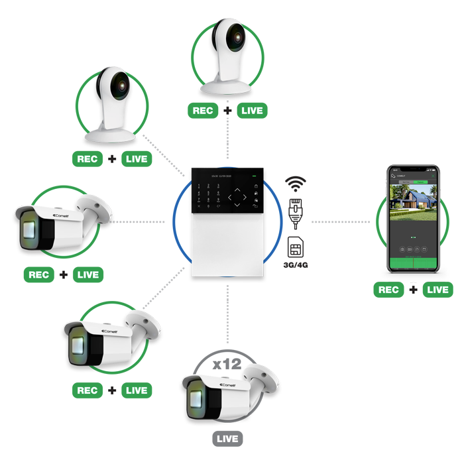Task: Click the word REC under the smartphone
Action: coord(388,290)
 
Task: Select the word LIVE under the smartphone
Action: coord(437,290)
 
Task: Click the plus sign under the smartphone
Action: coord(413,290)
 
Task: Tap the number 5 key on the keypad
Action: coord(209,192)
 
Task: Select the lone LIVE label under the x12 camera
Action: coord(228,439)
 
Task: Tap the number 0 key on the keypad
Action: coord(209,206)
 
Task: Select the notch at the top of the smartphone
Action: coord(411,169)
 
